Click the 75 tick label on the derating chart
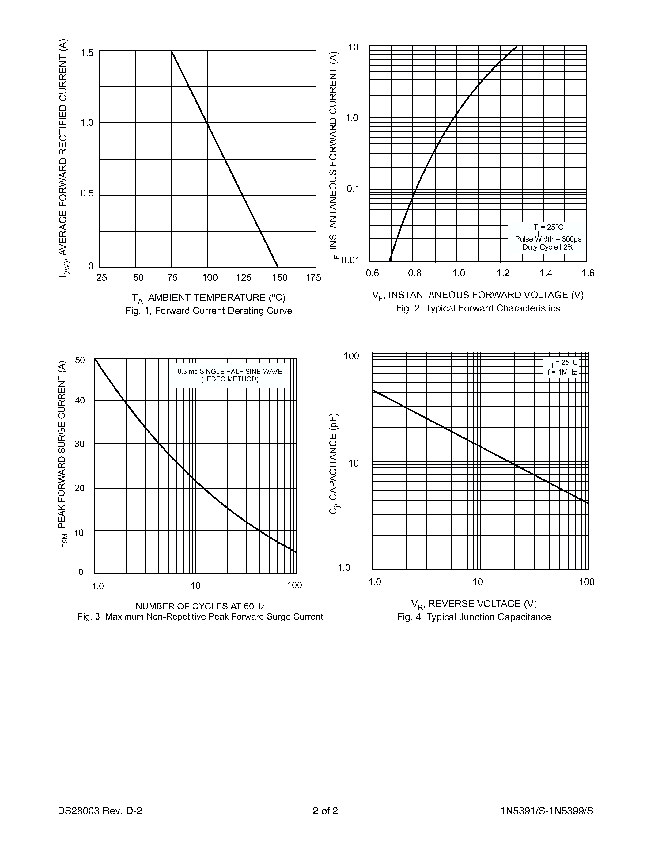pos(172,277)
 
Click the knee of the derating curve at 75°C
pos(172,51)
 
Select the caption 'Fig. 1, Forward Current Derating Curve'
pos(209,311)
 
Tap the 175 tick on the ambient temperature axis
pos(313,277)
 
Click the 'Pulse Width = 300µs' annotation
pos(548,239)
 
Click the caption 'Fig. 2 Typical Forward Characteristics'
pos(478,308)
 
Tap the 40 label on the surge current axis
pos(80,401)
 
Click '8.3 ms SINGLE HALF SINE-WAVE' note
pos(229,371)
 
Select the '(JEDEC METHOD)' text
pos(230,379)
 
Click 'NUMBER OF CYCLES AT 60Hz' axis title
pos(200,606)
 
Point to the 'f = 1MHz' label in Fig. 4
pos(562,372)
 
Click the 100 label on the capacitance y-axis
pos(351,356)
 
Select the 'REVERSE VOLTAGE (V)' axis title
pos(482,604)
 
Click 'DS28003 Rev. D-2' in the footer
pos(100,811)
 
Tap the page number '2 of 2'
pos(325,811)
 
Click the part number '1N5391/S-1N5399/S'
pos(547,811)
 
